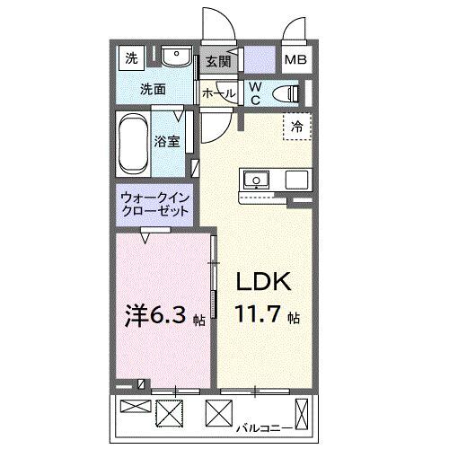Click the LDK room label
pyautogui.click(x=264, y=282)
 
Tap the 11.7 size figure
pyautogui.click(x=259, y=315)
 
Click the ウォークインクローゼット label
pyautogui.click(x=154, y=206)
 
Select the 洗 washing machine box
pyautogui.click(x=132, y=59)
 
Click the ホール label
pyautogui.click(x=218, y=93)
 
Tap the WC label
pyautogui.click(x=254, y=92)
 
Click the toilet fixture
pyautogui.click(x=286, y=92)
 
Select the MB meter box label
pyautogui.click(x=295, y=61)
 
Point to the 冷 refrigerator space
pyautogui.click(x=296, y=127)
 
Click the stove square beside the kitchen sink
pyautogui.click(x=295, y=179)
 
